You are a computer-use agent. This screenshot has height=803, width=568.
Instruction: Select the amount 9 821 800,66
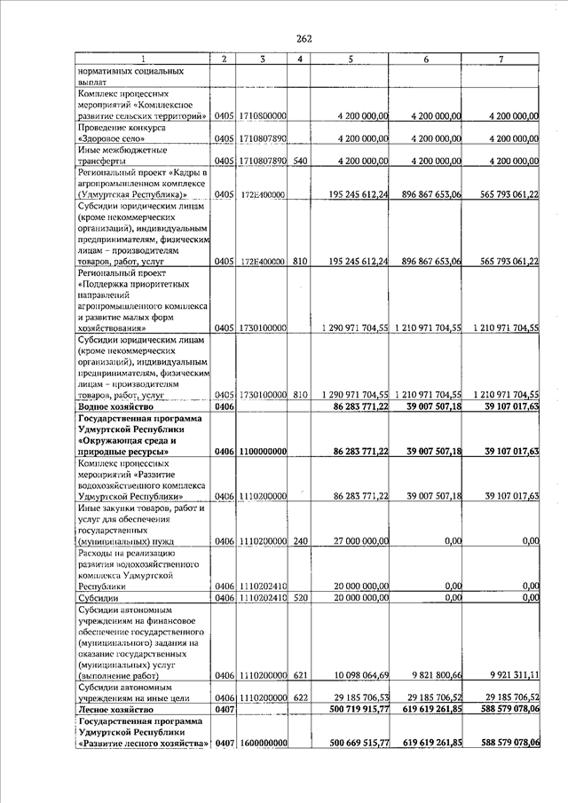click(429, 675)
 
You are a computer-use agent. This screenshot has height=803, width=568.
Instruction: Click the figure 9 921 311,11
click(506, 675)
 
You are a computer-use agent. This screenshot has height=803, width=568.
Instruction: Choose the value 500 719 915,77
click(353, 710)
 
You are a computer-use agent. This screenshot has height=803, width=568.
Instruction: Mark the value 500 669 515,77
click(353, 743)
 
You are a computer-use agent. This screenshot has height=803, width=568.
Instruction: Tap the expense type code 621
click(300, 675)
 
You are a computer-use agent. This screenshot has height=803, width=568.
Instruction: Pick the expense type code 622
click(300, 698)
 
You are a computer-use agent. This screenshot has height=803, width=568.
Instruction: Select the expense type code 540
click(300, 161)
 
